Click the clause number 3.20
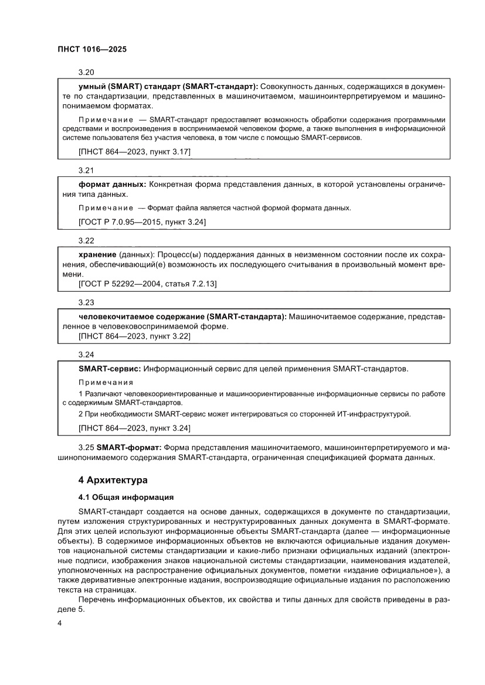pyautogui.click(x=86, y=72)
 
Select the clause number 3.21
pyautogui.click(x=86, y=171)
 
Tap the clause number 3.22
pyautogui.click(x=86, y=240)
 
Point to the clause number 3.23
pyautogui.click(x=86, y=302)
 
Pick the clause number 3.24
pyautogui.click(x=86, y=355)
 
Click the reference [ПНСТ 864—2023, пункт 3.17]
pyautogui.click(x=134, y=152)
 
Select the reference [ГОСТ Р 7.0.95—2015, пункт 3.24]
pyautogui.click(x=141, y=222)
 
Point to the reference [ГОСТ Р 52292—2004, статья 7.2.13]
pyautogui.click(x=147, y=284)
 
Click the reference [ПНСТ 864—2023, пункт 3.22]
pyautogui.click(x=134, y=336)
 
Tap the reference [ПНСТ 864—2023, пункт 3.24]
pyautogui.click(x=134, y=428)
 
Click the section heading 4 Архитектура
pyautogui.click(x=113, y=480)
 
